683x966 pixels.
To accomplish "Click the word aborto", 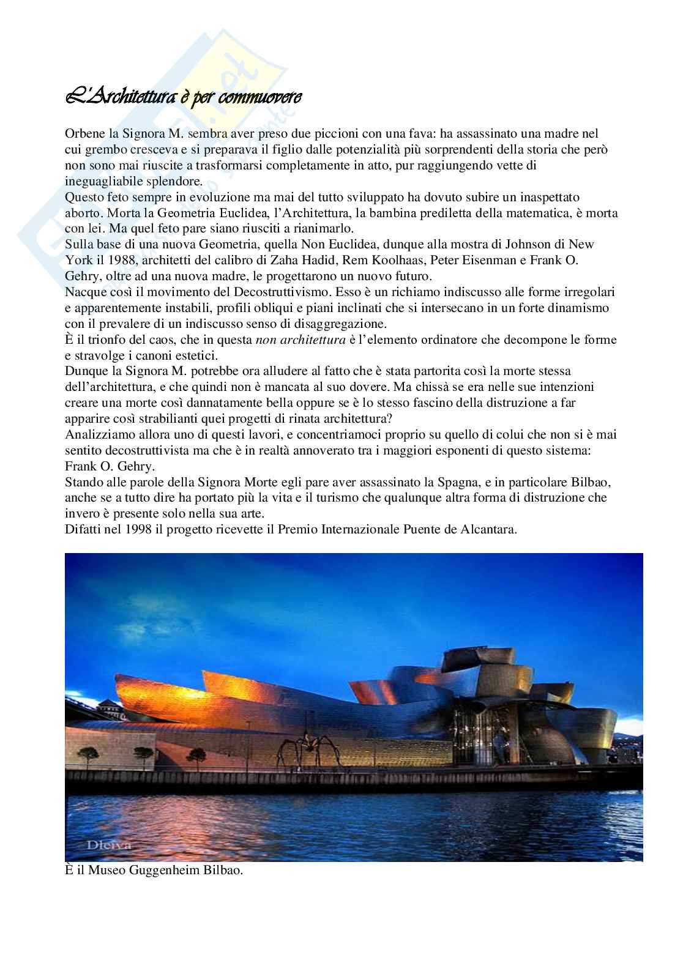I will click(x=81, y=214).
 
